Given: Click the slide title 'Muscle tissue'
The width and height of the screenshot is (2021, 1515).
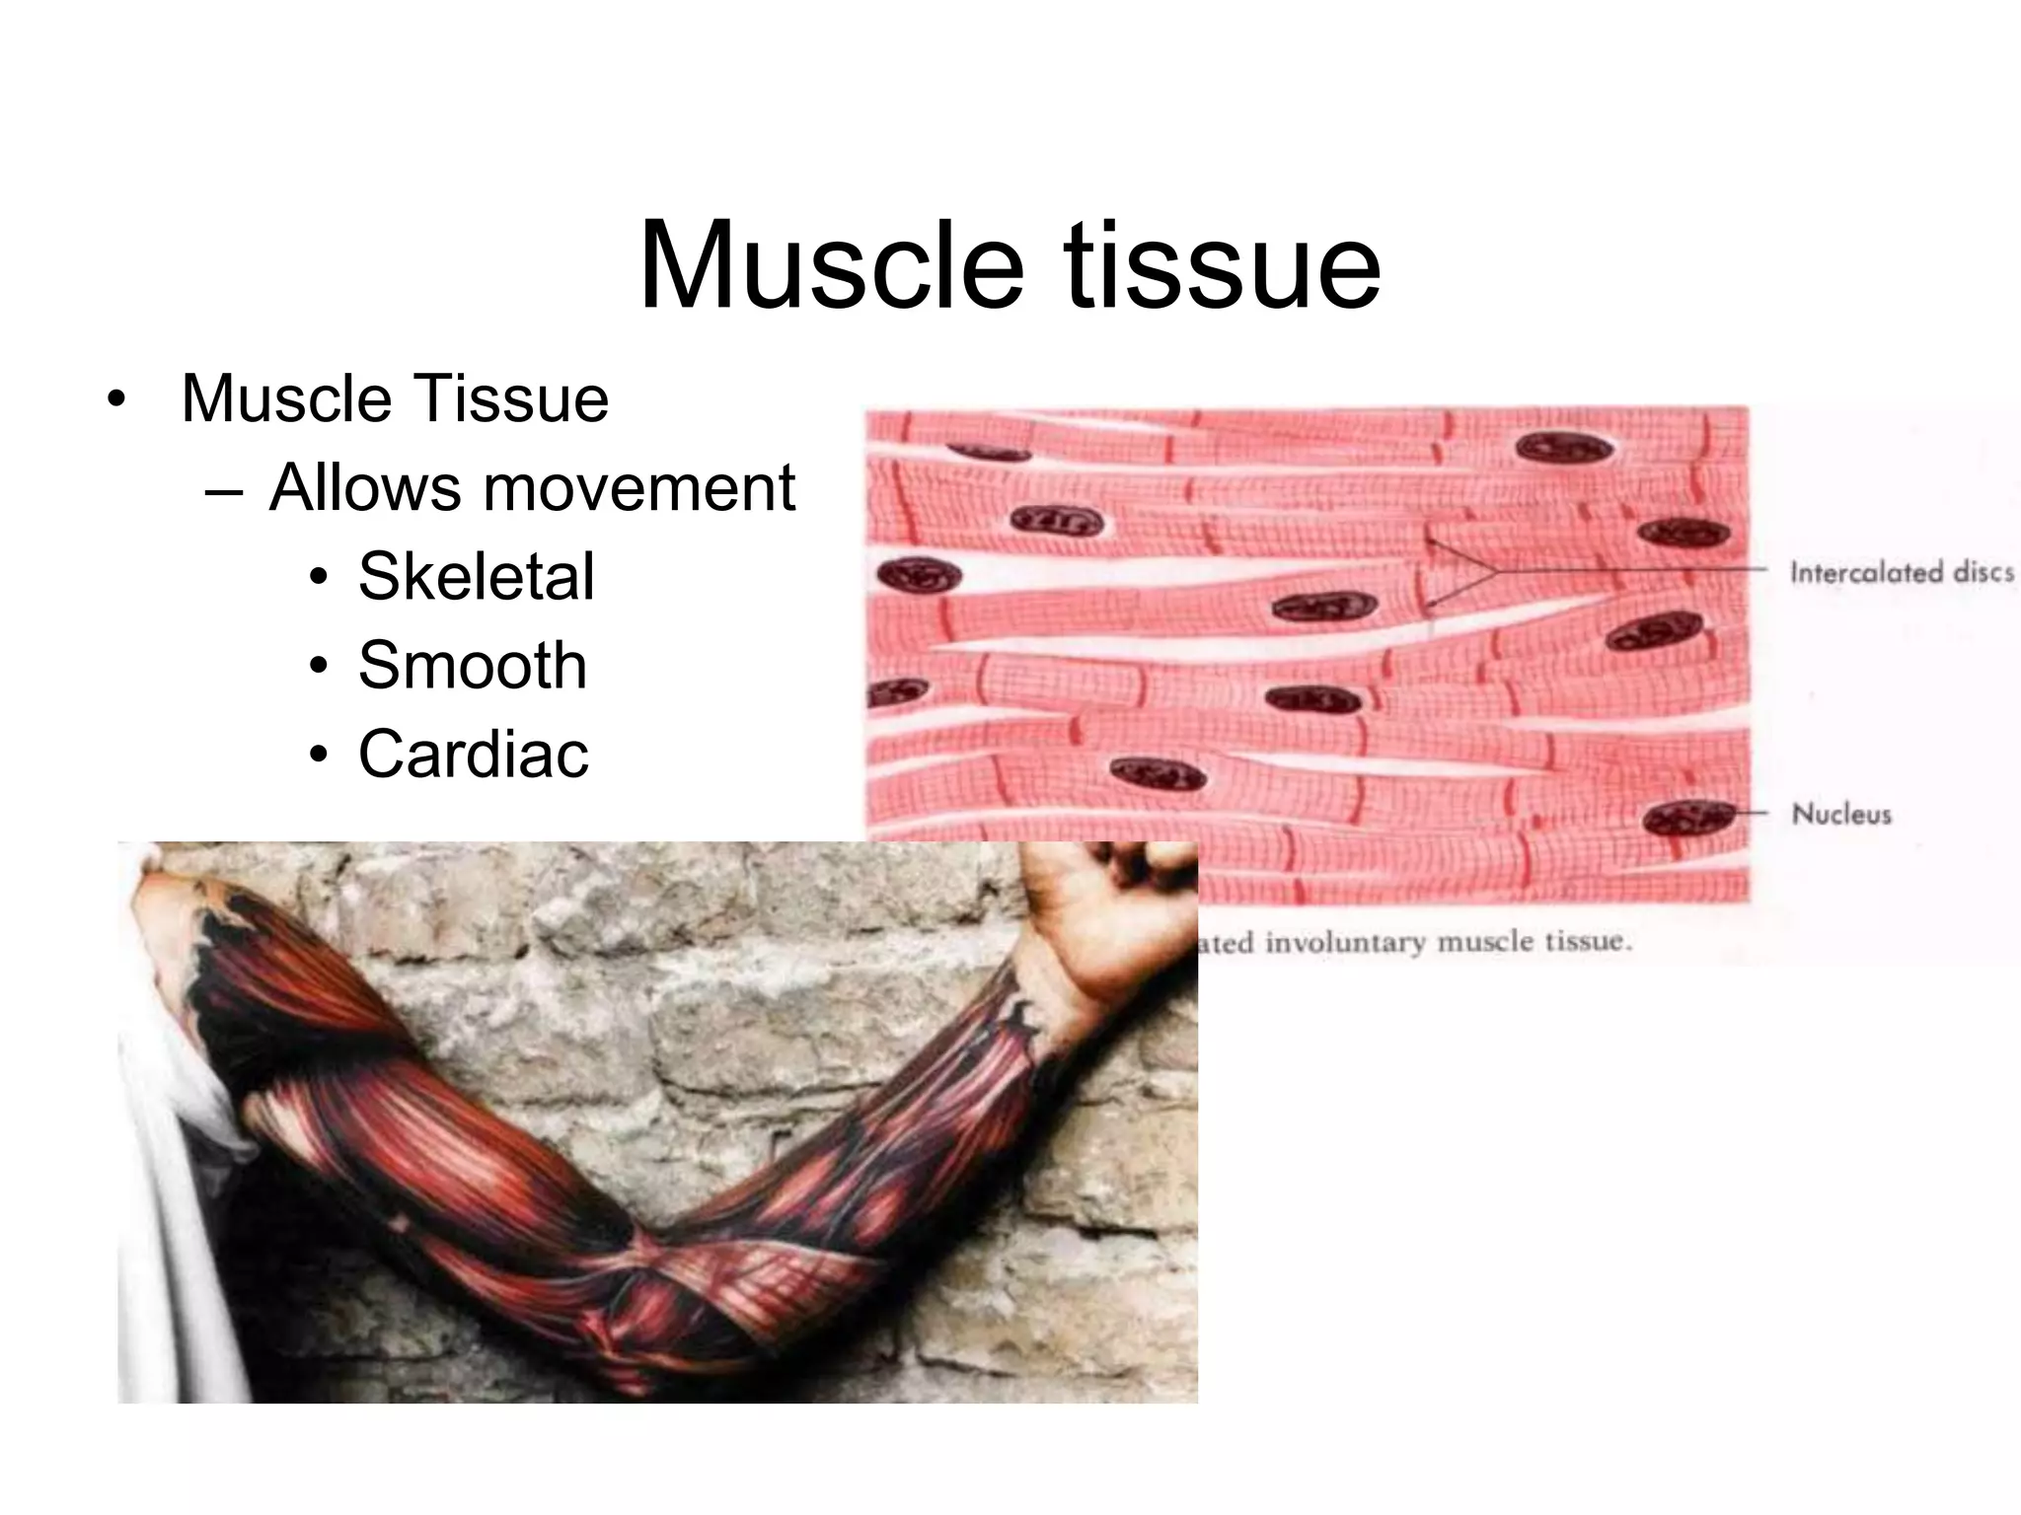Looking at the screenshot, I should click(x=1010, y=264).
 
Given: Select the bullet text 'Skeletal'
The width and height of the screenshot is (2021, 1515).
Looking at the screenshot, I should click(x=476, y=576).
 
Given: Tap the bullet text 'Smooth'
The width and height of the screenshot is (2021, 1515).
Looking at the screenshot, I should click(x=472, y=665).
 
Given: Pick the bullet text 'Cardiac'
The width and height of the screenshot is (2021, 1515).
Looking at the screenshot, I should click(x=473, y=754).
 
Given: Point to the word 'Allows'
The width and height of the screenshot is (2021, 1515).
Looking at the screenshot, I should click(x=364, y=487).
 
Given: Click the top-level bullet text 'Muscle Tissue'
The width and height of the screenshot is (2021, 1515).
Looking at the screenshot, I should click(x=395, y=398).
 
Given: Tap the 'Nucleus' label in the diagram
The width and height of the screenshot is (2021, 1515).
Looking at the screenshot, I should click(x=1841, y=814).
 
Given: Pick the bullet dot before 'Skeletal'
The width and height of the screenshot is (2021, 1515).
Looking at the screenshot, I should click(x=317, y=579).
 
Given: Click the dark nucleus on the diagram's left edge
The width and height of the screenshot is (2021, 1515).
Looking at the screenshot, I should click(x=919, y=575).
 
